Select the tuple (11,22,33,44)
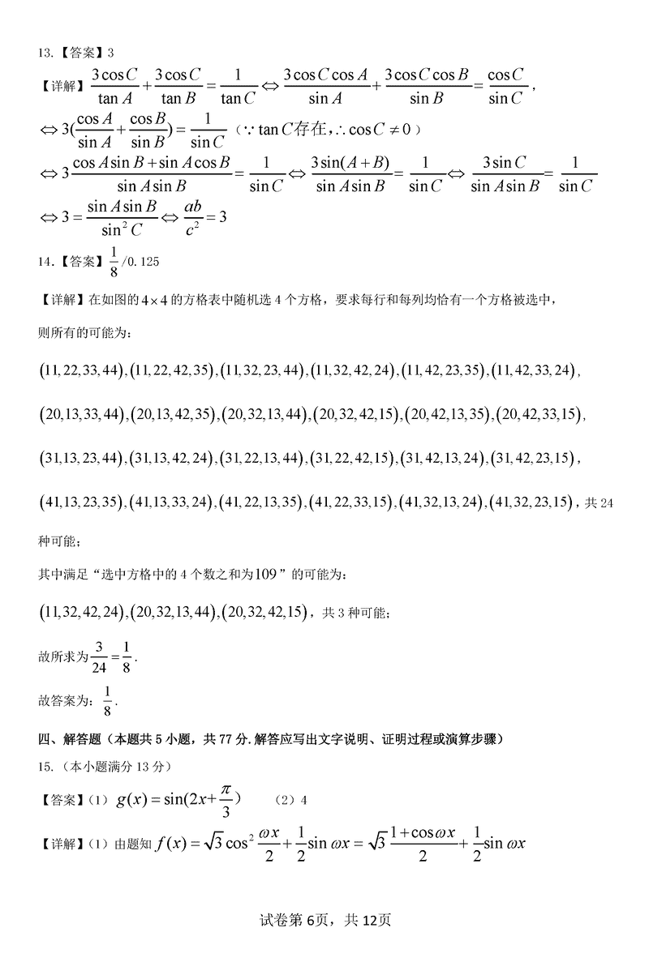[81, 370]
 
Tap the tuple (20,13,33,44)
[81, 414]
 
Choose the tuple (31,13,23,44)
[81, 458]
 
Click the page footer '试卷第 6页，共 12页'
[324, 920]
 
